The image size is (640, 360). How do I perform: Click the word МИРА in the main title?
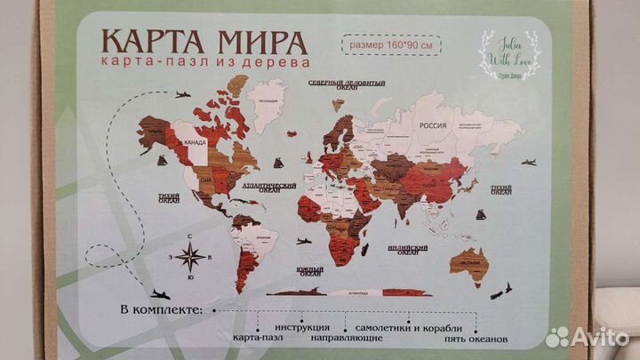[x=263, y=43]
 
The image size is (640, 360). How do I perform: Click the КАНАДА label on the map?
[x=195, y=141]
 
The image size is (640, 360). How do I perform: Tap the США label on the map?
[x=205, y=180]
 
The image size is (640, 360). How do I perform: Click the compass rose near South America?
[x=188, y=257]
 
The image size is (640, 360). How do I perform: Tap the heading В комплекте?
[x=158, y=311]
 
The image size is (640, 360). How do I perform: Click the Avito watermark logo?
[x=586, y=336]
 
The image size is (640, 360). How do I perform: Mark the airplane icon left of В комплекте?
[x=160, y=294]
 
